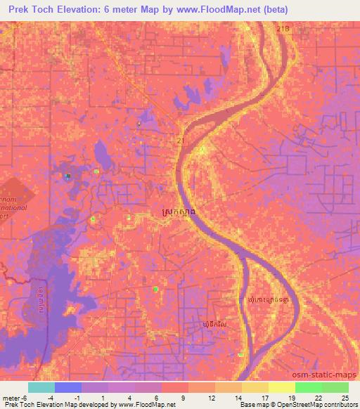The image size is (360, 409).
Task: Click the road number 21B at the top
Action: (283, 28)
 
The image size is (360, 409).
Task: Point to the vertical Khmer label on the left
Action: (41, 301)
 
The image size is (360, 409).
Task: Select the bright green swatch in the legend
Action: (309, 387)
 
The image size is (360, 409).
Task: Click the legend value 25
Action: (344, 398)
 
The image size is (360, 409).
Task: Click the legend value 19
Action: (290, 398)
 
